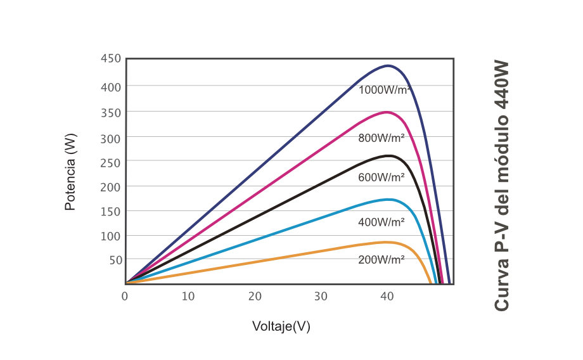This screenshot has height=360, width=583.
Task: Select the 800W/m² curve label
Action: tap(381, 138)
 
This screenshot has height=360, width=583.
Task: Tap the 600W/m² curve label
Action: tap(381, 177)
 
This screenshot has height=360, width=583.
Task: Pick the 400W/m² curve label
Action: tap(381, 222)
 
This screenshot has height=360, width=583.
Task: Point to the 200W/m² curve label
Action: tap(381, 259)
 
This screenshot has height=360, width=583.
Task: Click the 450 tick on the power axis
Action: tap(110, 59)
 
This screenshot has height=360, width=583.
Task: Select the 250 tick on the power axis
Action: tap(110, 162)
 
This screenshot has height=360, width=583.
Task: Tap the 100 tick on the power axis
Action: tap(110, 236)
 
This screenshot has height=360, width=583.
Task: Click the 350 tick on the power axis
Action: tap(110, 112)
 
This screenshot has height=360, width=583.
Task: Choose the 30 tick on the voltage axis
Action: tap(321, 296)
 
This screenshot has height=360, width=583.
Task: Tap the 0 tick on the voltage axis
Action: tap(125, 296)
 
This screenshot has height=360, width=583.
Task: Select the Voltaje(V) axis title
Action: tap(281, 326)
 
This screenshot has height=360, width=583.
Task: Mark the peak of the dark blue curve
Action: tap(387, 65)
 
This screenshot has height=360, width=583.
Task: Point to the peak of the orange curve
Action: tap(386, 242)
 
